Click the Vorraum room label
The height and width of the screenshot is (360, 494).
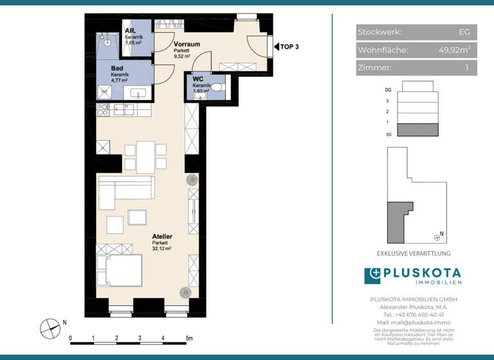[187, 44]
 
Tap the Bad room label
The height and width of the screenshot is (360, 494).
[117, 67]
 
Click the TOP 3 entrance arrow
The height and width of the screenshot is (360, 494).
[279, 46]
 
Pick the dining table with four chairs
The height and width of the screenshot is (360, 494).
[145, 156]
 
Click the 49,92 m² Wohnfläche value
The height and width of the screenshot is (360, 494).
[454, 50]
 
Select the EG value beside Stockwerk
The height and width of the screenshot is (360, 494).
[464, 32]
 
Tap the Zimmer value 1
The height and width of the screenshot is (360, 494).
[466, 67]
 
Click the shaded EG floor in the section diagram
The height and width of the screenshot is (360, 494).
[417, 130]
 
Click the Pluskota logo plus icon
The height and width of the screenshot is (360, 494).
[372, 276]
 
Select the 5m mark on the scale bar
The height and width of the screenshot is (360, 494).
[188, 337]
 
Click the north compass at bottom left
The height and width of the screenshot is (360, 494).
[50, 328]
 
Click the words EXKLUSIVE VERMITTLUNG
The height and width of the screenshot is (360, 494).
[413, 253]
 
